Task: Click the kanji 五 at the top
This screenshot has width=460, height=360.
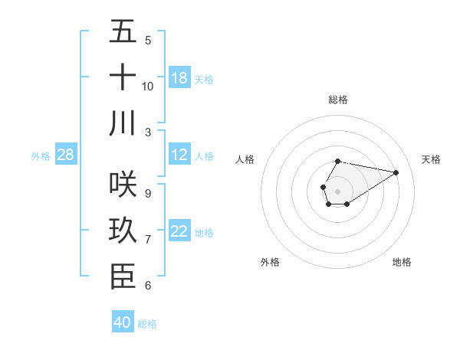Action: click(x=123, y=32)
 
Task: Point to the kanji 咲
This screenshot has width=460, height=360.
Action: click(x=123, y=185)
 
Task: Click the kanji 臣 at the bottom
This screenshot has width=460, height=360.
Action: click(x=123, y=277)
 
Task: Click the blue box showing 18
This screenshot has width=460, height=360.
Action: click(x=179, y=77)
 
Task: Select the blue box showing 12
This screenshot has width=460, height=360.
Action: click(x=179, y=155)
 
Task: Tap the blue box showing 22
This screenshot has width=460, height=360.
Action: click(x=179, y=231)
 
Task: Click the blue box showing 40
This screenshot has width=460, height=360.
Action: click(x=123, y=322)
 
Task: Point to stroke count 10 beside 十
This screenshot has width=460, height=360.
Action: click(x=148, y=86)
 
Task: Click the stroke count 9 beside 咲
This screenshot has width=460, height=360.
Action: click(x=147, y=193)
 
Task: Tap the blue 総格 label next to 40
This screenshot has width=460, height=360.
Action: click(x=147, y=324)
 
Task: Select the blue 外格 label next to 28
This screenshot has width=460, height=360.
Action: click(x=41, y=156)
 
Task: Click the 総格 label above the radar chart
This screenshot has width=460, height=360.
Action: click(x=337, y=100)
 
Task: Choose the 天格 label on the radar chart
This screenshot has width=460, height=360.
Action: click(x=431, y=159)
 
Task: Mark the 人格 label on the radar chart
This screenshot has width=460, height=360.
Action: click(x=245, y=159)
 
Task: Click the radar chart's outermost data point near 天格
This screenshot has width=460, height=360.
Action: click(x=396, y=172)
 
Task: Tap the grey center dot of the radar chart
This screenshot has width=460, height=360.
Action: click(x=337, y=191)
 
